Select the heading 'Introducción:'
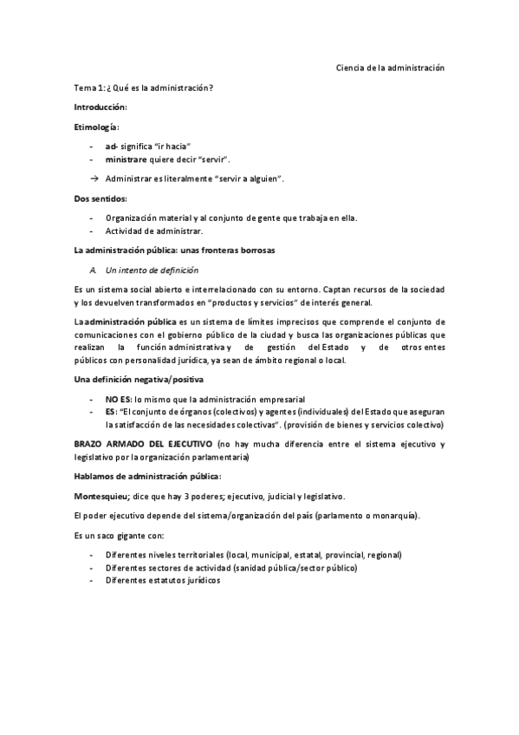click(x=101, y=107)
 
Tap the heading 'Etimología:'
click(x=96, y=127)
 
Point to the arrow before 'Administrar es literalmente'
click(x=93, y=178)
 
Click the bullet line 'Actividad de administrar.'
click(x=154, y=231)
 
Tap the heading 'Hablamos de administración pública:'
click(x=147, y=477)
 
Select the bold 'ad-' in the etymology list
click(x=111, y=146)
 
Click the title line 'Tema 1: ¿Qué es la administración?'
click(x=144, y=88)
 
